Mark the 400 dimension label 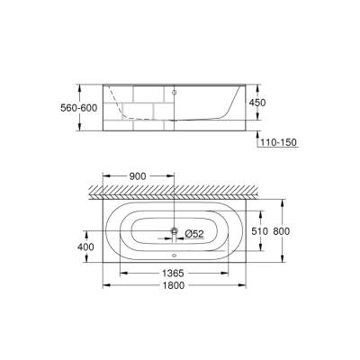pyautogui.click(x=84, y=246)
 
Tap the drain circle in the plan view pyautogui.click(x=174, y=232)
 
